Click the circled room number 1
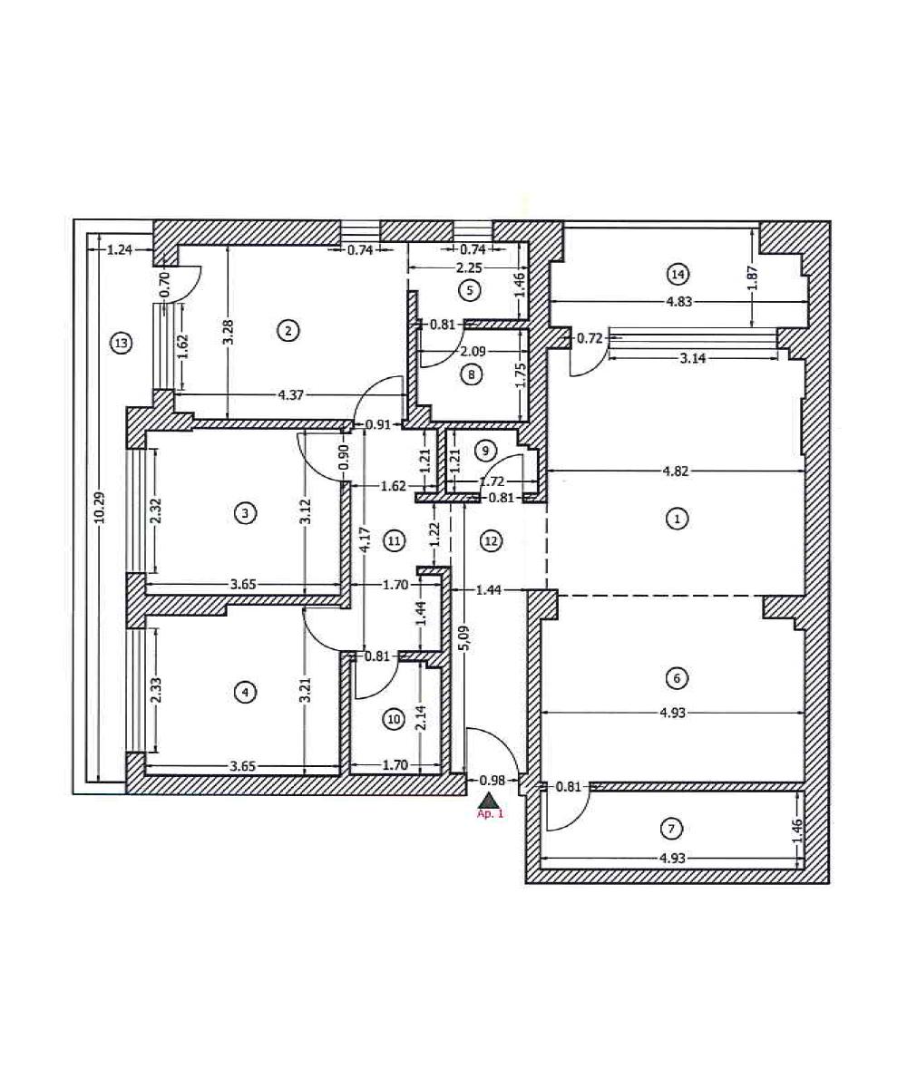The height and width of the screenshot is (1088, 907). pyautogui.click(x=676, y=519)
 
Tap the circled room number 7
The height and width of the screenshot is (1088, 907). pyautogui.click(x=670, y=828)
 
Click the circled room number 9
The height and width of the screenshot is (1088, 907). pyautogui.click(x=485, y=450)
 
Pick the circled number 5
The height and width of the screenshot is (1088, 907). pyautogui.click(x=469, y=290)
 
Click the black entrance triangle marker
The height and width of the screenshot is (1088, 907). pyautogui.click(x=489, y=800)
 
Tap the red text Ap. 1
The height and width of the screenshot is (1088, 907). pyautogui.click(x=489, y=814)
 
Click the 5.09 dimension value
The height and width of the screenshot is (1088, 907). pyautogui.click(x=464, y=647)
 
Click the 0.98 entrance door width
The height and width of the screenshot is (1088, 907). pyautogui.click(x=492, y=780)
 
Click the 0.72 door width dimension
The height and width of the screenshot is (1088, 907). pyautogui.click(x=590, y=338)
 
